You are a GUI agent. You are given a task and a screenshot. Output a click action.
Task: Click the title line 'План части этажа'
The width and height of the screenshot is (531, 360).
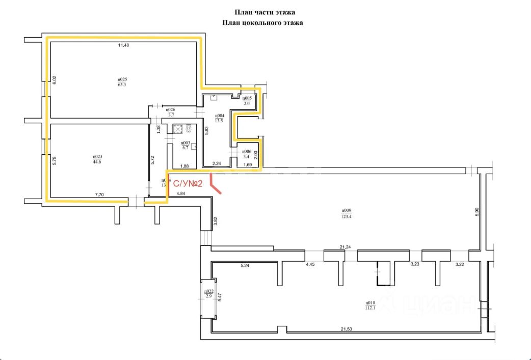(x=265, y=12)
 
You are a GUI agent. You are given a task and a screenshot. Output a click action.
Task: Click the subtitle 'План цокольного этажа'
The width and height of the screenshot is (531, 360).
(x=263, y=23)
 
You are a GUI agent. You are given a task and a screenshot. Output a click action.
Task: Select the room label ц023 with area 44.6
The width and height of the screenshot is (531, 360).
(x=97, y=159)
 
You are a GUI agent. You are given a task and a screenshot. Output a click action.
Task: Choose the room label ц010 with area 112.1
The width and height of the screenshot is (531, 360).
(x=370, y=304)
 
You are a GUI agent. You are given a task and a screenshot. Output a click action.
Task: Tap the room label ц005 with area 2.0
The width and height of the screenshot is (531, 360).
(x=247, y=100)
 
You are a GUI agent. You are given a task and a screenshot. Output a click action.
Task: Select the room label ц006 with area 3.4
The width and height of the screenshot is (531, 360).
(x=246, y=154)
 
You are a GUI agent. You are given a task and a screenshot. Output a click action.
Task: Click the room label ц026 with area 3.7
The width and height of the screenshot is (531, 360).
(x=171, y=112)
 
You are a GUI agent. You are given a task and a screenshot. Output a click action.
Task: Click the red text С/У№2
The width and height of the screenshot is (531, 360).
(x=189, y=184)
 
